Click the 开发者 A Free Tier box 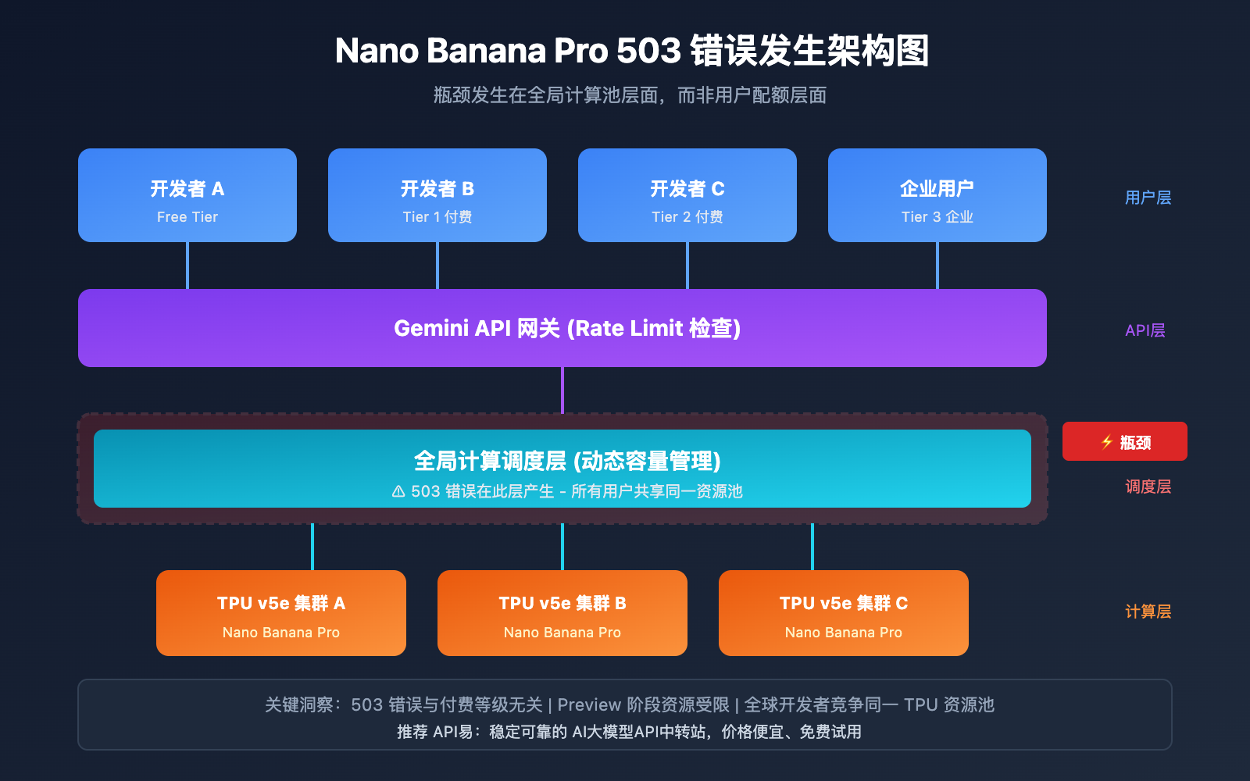(187, 195)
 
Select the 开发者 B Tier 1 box (437, 195)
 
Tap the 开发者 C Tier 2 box (687, 195)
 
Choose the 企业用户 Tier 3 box (937, 195)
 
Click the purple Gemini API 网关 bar (562, 328)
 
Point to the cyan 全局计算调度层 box (562, 469)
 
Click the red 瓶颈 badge (1125, 441)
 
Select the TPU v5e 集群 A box (281, 613)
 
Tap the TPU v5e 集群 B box (562, 613)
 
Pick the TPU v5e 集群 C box (844, 613)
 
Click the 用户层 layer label (1148, 198)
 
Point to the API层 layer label (1145, 330)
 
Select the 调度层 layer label (1148, 487)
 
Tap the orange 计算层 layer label (1148, 612)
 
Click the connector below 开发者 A (187, 266)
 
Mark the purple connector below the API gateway (562, 390)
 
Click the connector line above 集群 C (812, 547)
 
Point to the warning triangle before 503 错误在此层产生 (398, 491)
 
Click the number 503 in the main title (648, 51)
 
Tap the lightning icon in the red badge (1107, 442)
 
